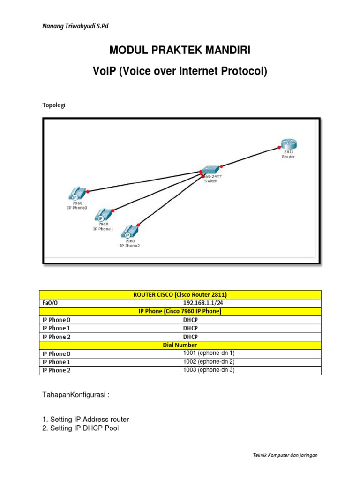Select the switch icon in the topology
(210, 171)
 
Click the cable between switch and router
(248, 157)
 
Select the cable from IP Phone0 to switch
(141, 182)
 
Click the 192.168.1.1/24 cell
(251, 302)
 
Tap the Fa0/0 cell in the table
(110, 302)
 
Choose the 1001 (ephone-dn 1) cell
(251, 353)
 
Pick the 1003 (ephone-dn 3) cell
(251, 370)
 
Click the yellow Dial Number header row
(180, 345)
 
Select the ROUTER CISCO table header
(180, 294)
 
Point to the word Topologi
(54, 105)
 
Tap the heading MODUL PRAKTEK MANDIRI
(180, 50)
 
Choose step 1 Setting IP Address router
(86, 419)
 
